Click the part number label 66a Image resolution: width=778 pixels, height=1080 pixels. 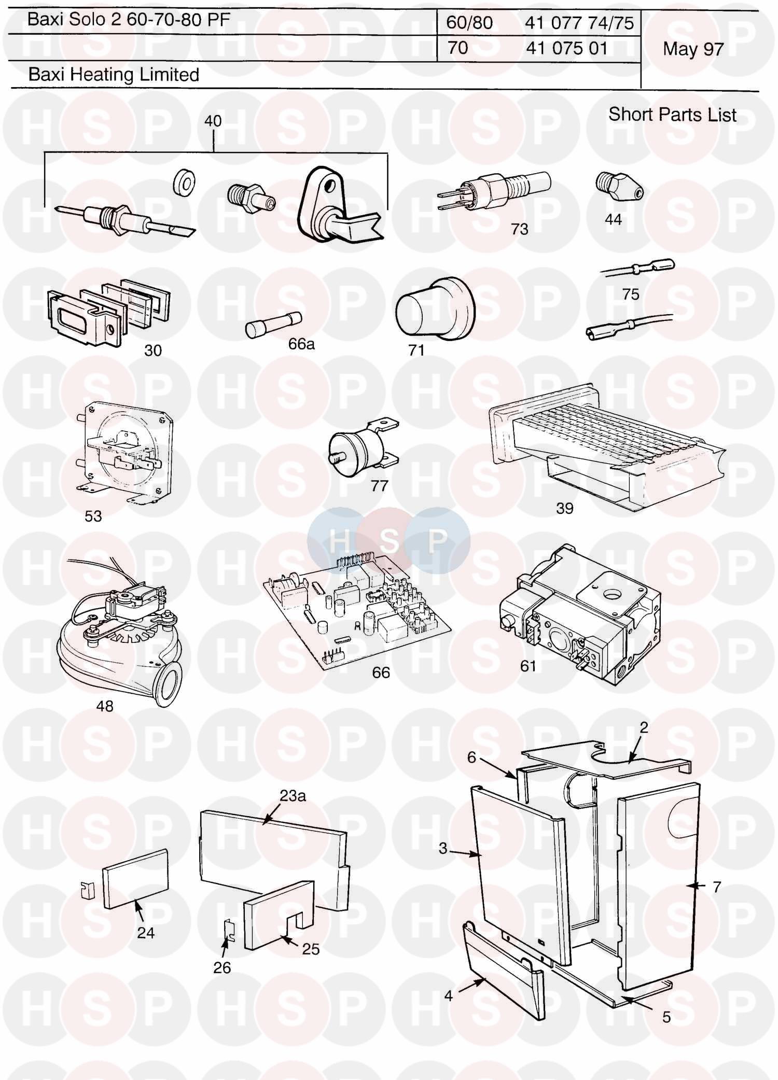[x=301, y=344]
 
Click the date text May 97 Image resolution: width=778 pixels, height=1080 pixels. [x=693, y=49]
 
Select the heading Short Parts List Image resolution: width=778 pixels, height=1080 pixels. [x=672, y=115]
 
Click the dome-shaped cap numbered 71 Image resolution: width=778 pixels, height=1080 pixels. [x=435, y=309]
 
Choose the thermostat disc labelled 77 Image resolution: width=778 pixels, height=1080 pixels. [x=363, y=450]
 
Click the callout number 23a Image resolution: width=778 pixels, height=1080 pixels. [x=293, y=796]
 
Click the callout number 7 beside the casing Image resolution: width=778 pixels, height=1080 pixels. [x=717, y=887]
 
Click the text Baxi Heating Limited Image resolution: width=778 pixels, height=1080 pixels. [x=114, y=75]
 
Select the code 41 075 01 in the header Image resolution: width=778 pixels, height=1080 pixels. [x=566, y=48]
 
